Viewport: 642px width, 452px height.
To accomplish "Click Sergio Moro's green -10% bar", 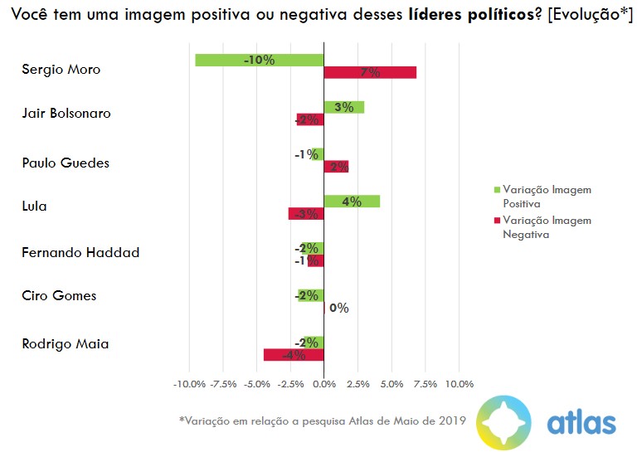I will point(259,60).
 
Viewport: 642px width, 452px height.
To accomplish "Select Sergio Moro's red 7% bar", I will point(370,73).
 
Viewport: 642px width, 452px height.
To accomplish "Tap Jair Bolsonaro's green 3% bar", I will point(343,107).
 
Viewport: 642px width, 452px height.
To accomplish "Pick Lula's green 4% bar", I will point(352,202).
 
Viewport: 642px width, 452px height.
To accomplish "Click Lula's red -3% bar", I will point(305,214).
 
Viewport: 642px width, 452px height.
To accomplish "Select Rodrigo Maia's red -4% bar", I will point(293,355).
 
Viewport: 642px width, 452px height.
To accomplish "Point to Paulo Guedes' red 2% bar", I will point(336,167).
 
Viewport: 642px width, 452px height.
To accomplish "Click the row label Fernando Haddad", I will point(80,252).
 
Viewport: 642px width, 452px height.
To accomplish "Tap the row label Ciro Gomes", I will point(59,296).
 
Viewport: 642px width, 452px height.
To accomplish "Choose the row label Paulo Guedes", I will point(66,163).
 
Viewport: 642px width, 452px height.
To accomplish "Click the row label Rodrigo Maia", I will point(65,343).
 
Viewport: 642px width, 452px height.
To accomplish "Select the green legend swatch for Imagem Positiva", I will point(496,190).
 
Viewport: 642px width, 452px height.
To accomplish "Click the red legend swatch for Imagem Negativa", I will point(496,221).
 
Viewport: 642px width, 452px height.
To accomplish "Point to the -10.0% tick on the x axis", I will point(189,385).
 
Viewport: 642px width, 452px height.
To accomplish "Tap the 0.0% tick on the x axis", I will point(323,385).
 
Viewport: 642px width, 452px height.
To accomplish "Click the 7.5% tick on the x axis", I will point(425,385).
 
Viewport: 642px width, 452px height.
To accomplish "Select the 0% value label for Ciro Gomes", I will point(338,308).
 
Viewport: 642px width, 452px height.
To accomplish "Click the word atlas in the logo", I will point(581,423).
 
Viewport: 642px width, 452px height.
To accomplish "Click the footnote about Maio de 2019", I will point(322,420).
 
